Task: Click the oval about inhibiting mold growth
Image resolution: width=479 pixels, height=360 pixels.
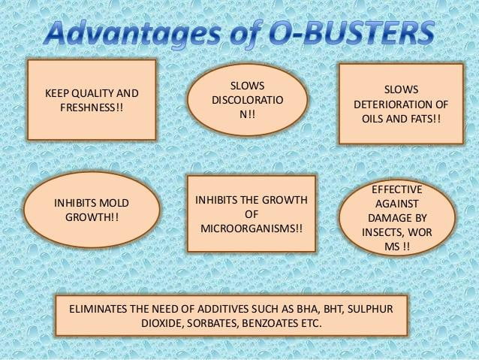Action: pos(91,211)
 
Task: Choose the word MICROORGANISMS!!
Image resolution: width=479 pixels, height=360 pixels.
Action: pos(252,226)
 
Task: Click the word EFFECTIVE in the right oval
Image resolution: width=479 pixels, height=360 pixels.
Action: pos(397,189)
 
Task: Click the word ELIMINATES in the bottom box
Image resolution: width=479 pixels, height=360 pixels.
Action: pos(99,309)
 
